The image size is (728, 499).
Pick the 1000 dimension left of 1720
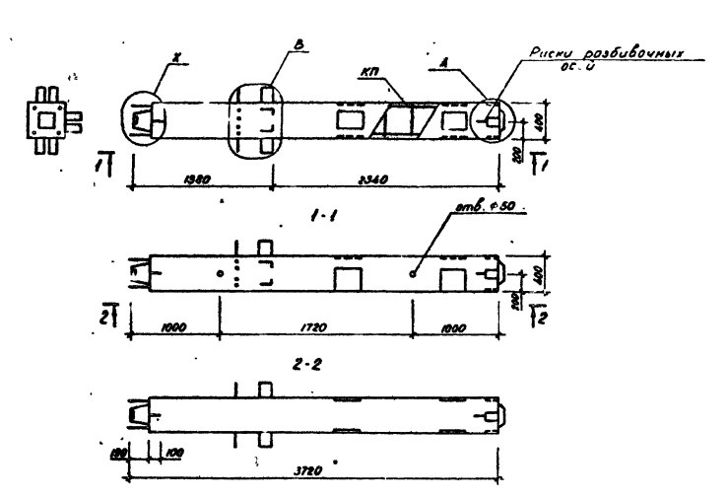point(174,324)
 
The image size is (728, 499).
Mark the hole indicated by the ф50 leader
point(413,273)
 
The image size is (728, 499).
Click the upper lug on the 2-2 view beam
point(264,389)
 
